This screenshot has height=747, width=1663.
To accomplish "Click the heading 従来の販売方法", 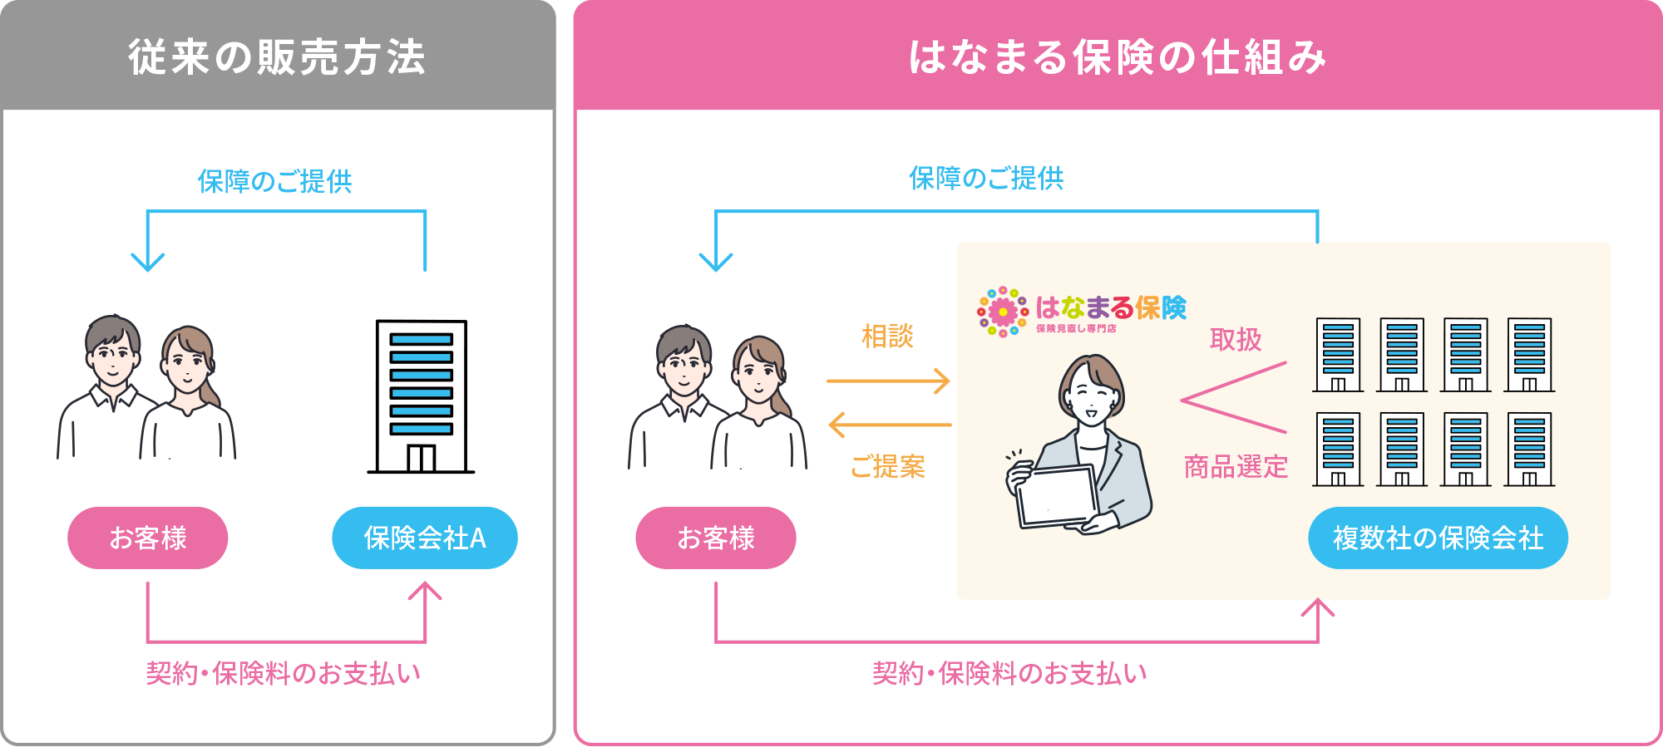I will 277,57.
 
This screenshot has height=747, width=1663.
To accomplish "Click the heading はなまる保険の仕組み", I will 1117,57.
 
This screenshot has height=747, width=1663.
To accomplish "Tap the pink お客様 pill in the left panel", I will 148,538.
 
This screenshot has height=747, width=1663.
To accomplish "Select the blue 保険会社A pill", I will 425,538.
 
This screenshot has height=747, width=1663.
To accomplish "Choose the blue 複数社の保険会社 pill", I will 1438,538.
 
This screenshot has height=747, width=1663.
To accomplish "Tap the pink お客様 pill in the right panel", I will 716,538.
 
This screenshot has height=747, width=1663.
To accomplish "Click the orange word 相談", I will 887,337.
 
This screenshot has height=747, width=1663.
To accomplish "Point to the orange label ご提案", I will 887,467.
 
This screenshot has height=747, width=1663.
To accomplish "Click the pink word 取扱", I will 1236,340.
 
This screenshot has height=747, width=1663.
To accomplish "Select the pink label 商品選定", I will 1236,467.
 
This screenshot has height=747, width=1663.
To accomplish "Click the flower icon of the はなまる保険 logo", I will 1003,312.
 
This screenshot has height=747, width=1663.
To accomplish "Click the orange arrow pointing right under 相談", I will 888,381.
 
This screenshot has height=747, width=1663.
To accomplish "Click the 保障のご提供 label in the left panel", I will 274,181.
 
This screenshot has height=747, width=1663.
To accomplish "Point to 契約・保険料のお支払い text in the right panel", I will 1009,673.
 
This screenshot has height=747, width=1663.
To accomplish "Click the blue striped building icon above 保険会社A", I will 421,384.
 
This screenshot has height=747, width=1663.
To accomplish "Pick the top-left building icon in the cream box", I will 1338,355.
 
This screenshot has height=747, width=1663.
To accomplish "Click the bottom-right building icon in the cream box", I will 1529,450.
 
